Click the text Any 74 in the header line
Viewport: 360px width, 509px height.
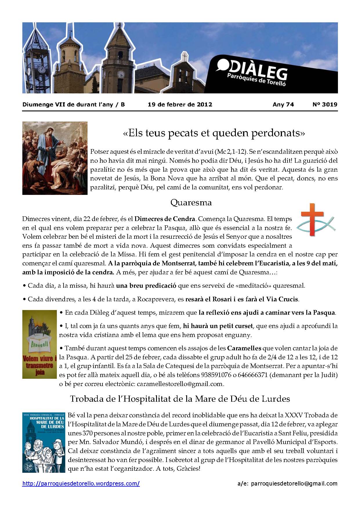tap(283, 104)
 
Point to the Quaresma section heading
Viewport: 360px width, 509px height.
tap(191, 202)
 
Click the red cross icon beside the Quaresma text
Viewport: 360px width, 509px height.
tap(308, 219)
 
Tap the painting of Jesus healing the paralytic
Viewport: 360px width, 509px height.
tap(55, 158)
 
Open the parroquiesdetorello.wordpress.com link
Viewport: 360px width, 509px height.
tap(81, 483)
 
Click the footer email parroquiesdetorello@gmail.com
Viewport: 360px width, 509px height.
tap(294, 483)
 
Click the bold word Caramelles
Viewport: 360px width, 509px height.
tap(244, 348)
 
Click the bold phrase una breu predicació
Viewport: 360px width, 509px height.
tap(146, 285)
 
